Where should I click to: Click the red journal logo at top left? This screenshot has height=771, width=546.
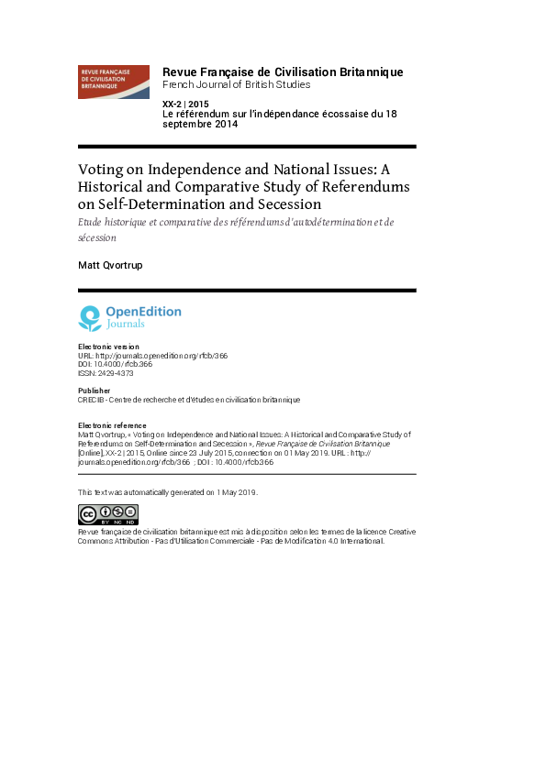[113, 82]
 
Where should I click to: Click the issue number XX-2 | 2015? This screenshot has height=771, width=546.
[185, 104]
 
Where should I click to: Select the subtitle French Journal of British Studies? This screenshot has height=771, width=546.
[236, 84]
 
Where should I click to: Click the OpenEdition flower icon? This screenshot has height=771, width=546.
[90, 318]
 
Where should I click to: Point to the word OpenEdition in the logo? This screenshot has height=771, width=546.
[143, 312]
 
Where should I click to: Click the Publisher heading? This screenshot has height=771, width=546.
[95, 391]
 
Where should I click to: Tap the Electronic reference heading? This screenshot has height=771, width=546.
[111, 426]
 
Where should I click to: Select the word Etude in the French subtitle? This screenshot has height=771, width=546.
[93, 223]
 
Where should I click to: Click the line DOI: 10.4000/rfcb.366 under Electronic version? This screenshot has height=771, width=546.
[115, 364]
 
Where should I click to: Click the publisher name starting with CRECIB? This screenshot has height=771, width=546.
[189, 400]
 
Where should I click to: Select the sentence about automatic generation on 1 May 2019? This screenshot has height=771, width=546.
[168, 492]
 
